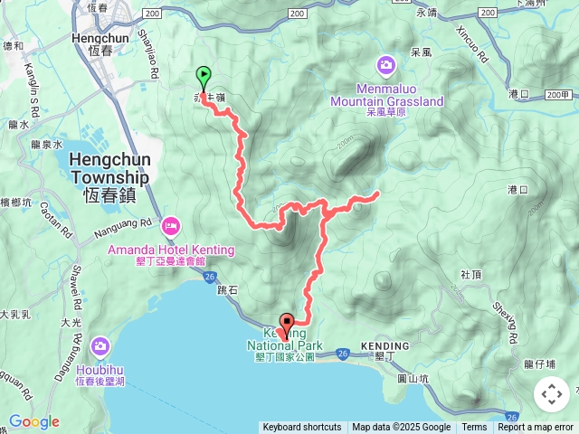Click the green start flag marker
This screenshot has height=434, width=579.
pyautogui.click(x=204, y=77)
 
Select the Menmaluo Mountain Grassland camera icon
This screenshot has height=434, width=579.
pyautogui.click(x=386, y=66)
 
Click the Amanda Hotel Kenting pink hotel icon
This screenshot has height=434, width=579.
pyautogui.click(x=171, y=225)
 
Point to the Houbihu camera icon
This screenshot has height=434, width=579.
pyautogui.click(x=100, y=346)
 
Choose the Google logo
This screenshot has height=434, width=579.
pyautogui.click(x=33, y=421)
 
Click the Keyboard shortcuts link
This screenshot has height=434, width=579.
pyautogui.click(x=302, y=428)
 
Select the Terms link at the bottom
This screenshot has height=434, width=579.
pyautogui.click(x=474, y=428)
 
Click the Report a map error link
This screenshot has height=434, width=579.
pyautogui.click(x=536, y=428)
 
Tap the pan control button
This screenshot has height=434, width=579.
pyautogui.click(x=552, y=394)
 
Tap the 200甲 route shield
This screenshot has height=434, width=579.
pyautogui.click(x=558, y=94)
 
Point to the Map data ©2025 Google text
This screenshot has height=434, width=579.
pyautogui.click(x=402, y=428)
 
